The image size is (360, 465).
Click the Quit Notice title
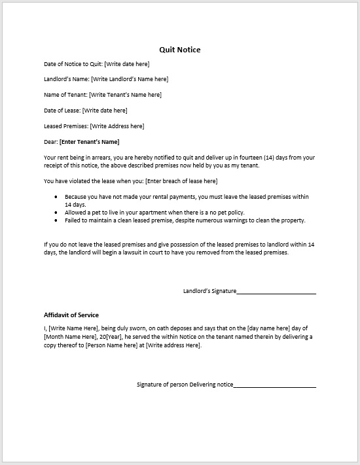[x=180, y=50]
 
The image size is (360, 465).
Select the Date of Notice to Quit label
[x=73, y=64]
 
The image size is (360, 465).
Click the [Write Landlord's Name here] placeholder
[x=130, y=79]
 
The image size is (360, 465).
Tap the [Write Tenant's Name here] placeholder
[x=125, y=95]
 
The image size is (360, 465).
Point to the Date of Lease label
[x=62, y=111]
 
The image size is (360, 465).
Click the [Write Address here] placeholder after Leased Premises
[x=117, y=126]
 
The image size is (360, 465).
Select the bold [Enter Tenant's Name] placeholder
[x=90, y=142]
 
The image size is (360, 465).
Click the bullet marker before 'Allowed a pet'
[x=57, y=213]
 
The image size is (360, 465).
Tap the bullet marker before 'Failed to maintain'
[x=57, y=220]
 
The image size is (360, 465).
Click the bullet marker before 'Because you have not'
[x=57, y=197]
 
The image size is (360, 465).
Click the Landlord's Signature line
[x=276, y=292]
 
